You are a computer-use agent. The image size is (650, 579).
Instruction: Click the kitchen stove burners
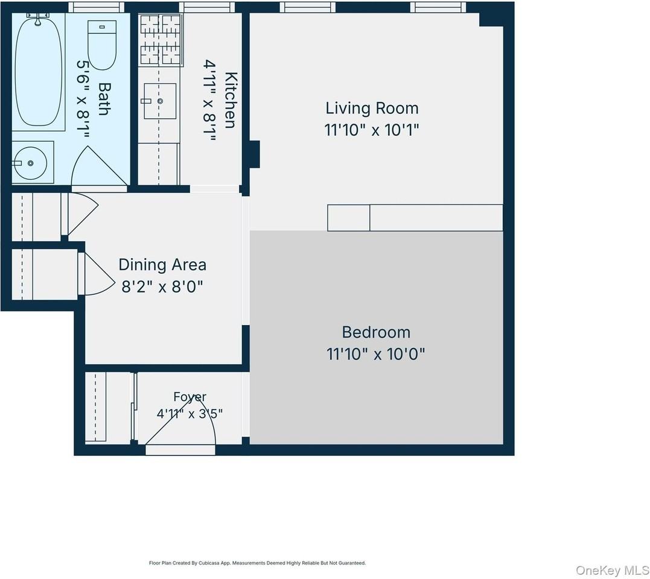(161, 40)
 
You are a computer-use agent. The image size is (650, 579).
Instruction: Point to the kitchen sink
(160, 101)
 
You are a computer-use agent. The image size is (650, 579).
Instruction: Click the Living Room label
(372, 108)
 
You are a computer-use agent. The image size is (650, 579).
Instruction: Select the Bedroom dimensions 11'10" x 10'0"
(376, 354)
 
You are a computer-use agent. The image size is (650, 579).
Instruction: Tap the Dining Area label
(162, 265)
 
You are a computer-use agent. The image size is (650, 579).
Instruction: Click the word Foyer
(190, 397)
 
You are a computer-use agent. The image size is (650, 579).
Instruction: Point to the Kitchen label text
(231, 100)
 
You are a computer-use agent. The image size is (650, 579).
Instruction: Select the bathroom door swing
(99, 166)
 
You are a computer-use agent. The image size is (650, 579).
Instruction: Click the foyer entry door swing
(180, 419)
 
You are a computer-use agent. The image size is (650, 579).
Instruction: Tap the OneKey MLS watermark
(612, 571)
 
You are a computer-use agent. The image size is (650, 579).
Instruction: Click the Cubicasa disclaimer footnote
(258, 563)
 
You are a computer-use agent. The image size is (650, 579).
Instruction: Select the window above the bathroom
(96, 7)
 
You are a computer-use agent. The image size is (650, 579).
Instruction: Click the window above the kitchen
(207, 7)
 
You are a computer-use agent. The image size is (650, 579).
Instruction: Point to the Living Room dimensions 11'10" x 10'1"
(372, 130)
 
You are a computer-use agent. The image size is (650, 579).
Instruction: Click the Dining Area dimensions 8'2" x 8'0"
(162, 286)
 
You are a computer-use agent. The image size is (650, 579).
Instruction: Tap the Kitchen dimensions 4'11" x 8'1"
(209, 101)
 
